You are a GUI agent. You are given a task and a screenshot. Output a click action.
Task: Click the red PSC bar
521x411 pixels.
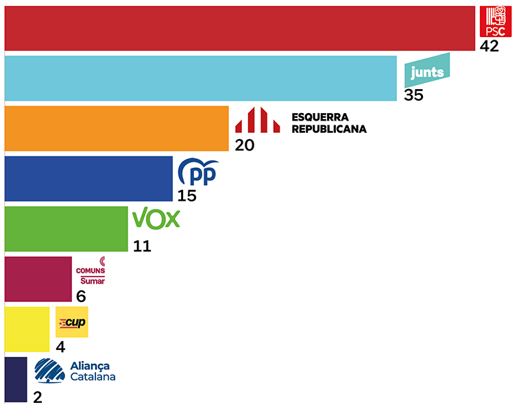(240, 28)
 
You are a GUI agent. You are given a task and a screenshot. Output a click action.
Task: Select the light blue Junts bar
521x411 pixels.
(201, 78)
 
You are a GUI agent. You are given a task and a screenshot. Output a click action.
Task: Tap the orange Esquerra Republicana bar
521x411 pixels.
(117, 128)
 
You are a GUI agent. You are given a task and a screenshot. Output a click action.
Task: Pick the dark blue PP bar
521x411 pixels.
(88, 179)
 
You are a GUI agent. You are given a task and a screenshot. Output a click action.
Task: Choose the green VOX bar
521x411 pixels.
(66, 229)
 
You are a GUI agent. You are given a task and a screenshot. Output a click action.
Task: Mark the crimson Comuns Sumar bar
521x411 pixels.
(38, 279)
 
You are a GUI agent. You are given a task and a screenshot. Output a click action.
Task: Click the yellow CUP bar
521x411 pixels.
(27, 329)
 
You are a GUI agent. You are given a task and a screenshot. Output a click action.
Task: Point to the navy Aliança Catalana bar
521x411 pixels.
(16, 379)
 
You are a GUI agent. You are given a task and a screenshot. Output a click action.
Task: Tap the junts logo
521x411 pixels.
(428, 71)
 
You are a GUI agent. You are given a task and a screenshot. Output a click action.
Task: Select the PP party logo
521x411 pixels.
(198, 172)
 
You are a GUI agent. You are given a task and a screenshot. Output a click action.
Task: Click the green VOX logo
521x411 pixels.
(156, 219)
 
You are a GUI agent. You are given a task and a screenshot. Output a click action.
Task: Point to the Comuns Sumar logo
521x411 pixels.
(90, 272)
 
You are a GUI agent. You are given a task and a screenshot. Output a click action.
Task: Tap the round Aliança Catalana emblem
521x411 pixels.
(51, 371)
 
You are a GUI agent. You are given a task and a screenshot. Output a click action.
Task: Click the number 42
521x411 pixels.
(489, 47)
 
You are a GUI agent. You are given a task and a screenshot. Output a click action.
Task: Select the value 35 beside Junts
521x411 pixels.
(413, 95)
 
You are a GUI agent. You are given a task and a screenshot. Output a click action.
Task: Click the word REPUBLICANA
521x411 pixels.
(329, 129)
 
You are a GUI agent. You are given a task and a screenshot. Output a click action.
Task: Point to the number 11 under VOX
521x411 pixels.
(142, 246)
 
